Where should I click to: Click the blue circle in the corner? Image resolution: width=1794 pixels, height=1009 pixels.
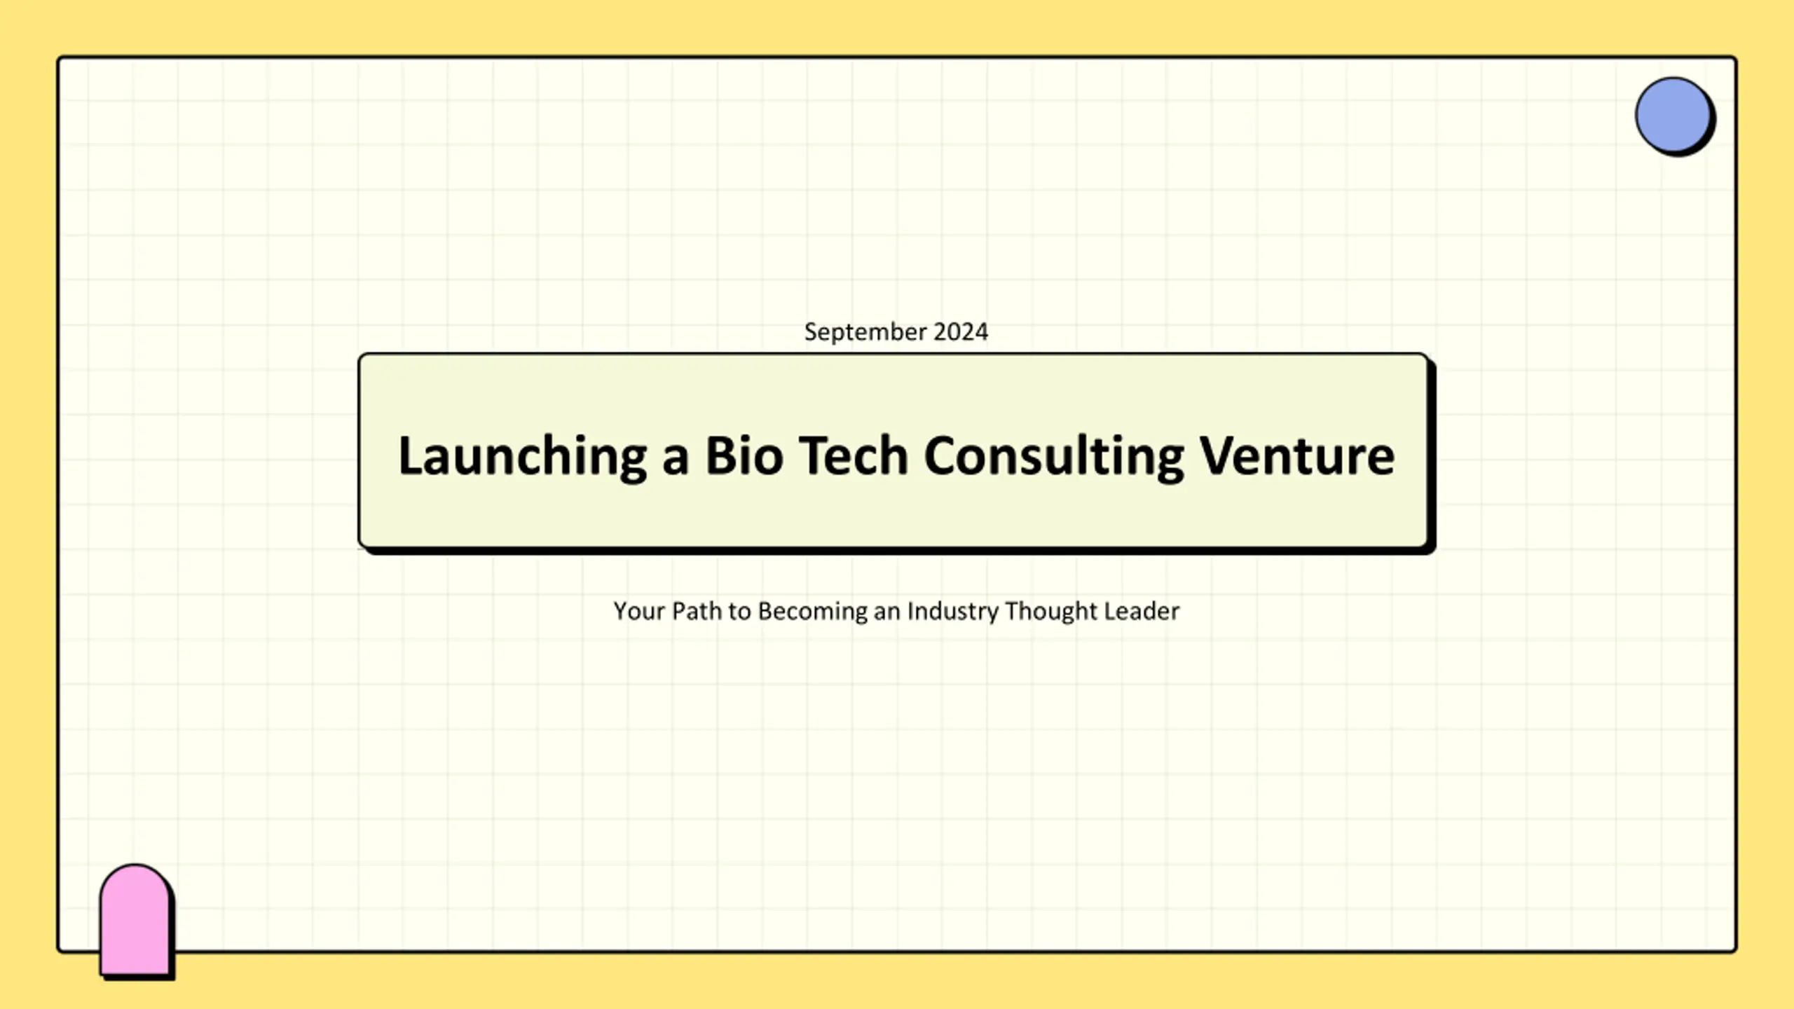tap(1673, 115)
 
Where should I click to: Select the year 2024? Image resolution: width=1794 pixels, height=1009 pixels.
tap(961, 331)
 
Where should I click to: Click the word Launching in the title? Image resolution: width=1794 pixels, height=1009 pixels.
tap(523, 456)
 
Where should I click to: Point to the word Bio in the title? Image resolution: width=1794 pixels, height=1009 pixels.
tap(744, 455)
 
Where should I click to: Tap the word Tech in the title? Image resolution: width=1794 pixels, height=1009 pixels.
tap(854, 455)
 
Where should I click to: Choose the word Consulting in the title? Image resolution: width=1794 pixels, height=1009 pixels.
tap(1054, 456)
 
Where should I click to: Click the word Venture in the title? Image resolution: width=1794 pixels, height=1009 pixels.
tap(1297, 455)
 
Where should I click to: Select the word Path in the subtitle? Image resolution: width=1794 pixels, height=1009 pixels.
tap(697, 611)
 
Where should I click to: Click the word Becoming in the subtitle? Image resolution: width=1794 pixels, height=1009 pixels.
tap(812, 612)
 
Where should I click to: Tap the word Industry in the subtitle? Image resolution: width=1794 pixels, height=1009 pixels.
tap(953, 612)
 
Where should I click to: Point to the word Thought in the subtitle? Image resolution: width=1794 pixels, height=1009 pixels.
tap(1051, 612)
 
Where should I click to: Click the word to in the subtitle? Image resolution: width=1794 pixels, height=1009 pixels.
tap(740, 612)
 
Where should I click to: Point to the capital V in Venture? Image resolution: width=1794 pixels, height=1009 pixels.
tap(1220, 455)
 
